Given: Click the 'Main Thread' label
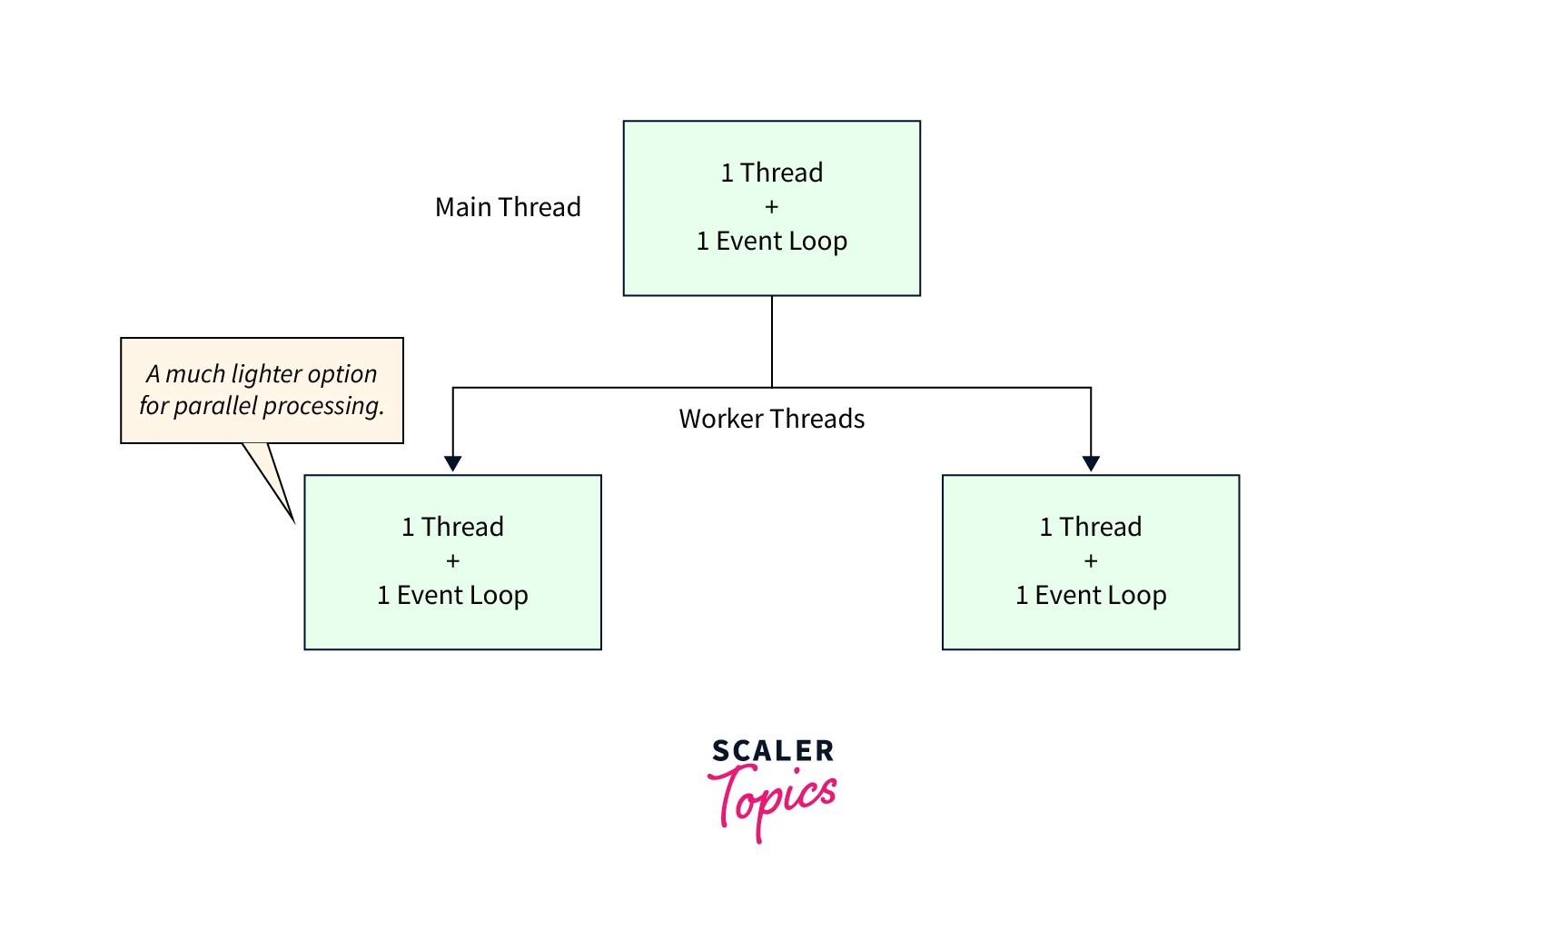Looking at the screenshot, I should click(508, 207).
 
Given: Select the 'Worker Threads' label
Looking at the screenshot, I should click(771, 419).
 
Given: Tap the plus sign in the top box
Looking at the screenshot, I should click(771, 207).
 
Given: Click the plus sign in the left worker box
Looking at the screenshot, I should click(452, 561).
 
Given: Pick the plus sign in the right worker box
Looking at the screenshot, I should click(1090, 561).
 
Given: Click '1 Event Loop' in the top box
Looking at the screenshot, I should click(771, 242).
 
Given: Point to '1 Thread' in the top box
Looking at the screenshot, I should click(771, 173).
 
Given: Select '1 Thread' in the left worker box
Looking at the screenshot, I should click(452, 527).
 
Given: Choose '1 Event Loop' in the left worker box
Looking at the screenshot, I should click(452, 596).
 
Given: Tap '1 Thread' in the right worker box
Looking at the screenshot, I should click(1090, 527).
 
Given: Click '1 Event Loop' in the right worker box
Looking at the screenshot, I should click(1090, 596).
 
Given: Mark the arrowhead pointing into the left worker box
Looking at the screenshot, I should click(452, 463).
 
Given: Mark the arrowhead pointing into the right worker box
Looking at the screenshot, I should click(1091, 463).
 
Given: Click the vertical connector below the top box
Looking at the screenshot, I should click(771, 341).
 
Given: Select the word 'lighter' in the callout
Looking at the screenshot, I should click(267, 374).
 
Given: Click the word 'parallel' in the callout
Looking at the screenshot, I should click(215, 406).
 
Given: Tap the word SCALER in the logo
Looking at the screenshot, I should click(772, 751).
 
